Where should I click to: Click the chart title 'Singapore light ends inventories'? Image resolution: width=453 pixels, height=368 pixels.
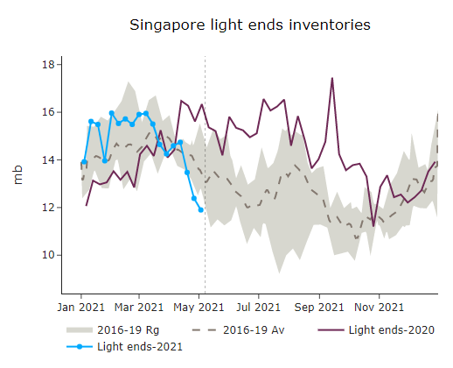[x=249, y=25]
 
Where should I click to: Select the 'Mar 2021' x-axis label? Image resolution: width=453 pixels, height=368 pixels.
[x=139, y=308]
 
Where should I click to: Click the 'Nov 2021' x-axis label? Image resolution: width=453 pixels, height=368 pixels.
[x=380, y=308]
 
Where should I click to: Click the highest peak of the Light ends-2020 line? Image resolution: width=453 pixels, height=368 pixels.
[x=332, y=78]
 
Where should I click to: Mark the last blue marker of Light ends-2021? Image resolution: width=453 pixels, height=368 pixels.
[x=201, y=210]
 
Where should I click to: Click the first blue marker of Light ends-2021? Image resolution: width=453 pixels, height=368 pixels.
[x=84, y=162]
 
